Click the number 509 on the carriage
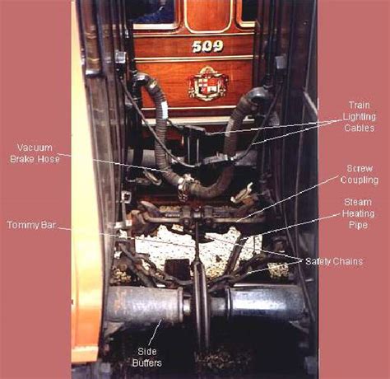pos(207,46)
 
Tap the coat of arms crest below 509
pos(207,84)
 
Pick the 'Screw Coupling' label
pos(360,175)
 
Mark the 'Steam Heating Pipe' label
pos(359,213)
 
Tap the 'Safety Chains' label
pos(334,261)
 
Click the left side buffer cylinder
pos(144,305)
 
